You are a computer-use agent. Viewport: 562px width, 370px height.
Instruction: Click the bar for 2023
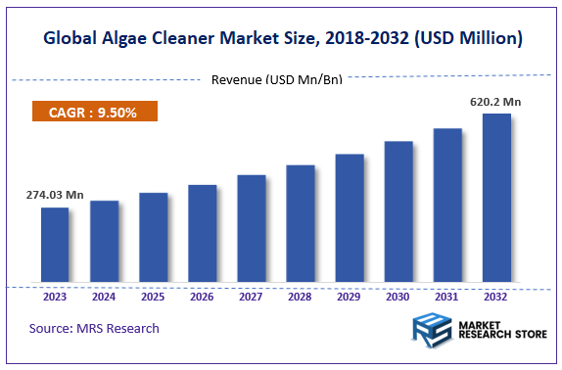point(55,246)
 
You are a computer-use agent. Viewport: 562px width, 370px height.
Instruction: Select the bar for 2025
point(153,238)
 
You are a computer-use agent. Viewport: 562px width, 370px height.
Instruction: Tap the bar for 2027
point(252,229)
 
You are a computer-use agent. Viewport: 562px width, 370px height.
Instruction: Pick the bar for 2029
point(350,218)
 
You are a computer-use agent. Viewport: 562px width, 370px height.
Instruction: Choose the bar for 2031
point(447,206)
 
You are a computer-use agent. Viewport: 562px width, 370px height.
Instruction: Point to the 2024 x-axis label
point(104,297)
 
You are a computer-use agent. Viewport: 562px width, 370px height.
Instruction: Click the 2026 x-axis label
point(202,297)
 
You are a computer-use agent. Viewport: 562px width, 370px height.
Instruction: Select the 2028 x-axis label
point(301,297)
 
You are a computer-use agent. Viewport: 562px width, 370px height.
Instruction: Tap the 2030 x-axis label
point(398,297)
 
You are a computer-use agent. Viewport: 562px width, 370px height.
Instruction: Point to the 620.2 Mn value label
point(496,101)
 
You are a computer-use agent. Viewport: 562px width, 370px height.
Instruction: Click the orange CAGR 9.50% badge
point(95,112)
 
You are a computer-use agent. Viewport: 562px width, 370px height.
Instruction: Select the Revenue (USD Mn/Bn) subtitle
point(277,79)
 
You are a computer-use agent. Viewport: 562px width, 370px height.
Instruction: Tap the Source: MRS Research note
point(94,328)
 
